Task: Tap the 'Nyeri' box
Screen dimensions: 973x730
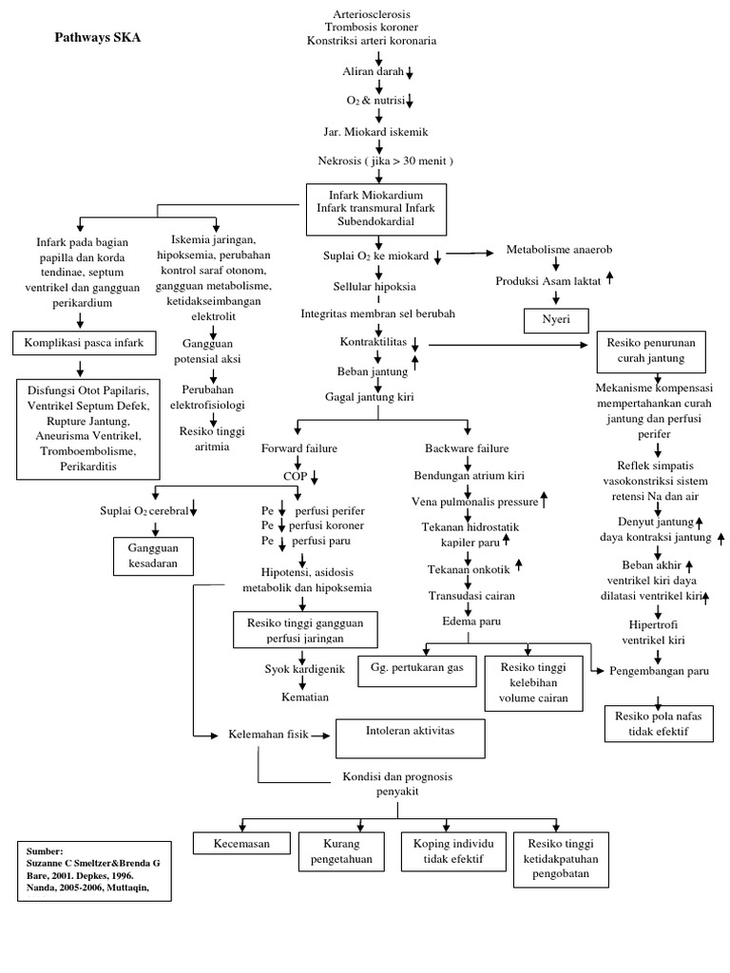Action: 557,321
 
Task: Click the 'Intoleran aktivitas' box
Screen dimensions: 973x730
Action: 410,734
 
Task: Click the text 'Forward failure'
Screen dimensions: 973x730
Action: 298,448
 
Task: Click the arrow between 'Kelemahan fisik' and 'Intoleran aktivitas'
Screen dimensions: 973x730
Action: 317,735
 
